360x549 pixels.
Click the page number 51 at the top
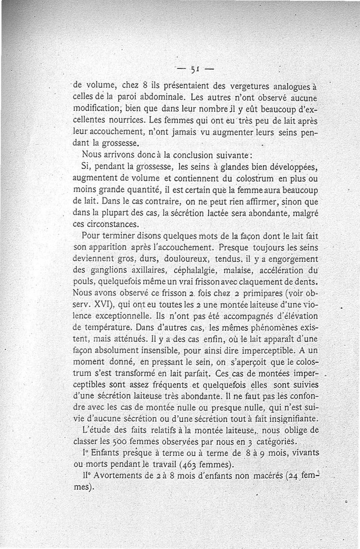[194, 70]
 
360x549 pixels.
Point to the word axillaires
[132, 271]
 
